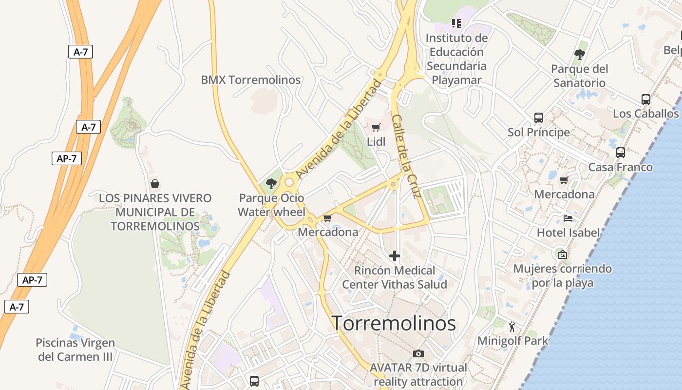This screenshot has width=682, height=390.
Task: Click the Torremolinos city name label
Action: (394, 323)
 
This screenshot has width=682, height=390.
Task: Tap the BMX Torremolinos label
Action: (250, 80)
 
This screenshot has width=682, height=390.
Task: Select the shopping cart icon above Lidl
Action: (376, 128)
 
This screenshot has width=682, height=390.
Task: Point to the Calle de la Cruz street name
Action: (406, 156)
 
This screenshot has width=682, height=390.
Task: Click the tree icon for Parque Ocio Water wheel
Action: (271, 184)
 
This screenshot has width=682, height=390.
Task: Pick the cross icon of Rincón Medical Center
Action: (395, 256)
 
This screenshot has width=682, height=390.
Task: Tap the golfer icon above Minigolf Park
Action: (512, 327)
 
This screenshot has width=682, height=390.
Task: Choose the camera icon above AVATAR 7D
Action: (418, 353)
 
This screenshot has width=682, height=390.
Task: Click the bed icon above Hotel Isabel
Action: (568, 218)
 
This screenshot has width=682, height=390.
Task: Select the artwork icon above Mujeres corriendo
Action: (563, 254)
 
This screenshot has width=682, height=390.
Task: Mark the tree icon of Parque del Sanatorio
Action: (579, 54)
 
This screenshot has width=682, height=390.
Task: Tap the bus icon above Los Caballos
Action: (645, 99)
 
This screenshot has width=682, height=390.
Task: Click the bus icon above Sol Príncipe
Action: (538, 117)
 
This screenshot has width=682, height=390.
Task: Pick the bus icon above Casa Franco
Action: (620, 152)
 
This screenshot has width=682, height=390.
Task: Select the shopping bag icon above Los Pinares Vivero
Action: (155, 184)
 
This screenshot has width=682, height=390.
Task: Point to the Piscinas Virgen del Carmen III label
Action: (76, 350)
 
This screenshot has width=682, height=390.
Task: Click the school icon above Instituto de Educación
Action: (456, 23)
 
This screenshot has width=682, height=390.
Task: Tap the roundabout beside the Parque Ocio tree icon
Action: (289, 182)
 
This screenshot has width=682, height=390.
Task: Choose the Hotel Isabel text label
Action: (568, 233)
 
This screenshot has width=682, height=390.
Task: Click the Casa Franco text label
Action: (620, 167)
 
